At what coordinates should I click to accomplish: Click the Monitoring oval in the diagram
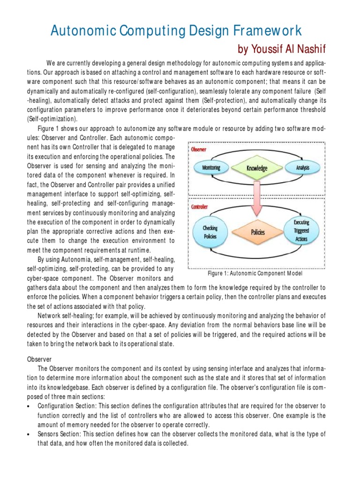coord(211,168)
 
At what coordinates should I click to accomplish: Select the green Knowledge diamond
coord(256,168)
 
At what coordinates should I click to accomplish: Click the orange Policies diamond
coord(257,232)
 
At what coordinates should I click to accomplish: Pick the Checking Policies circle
coord(210,232)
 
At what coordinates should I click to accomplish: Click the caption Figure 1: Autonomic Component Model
coord(255,273)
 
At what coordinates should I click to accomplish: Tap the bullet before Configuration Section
coord(30,405)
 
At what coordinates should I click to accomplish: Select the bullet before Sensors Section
coord(30,435)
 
